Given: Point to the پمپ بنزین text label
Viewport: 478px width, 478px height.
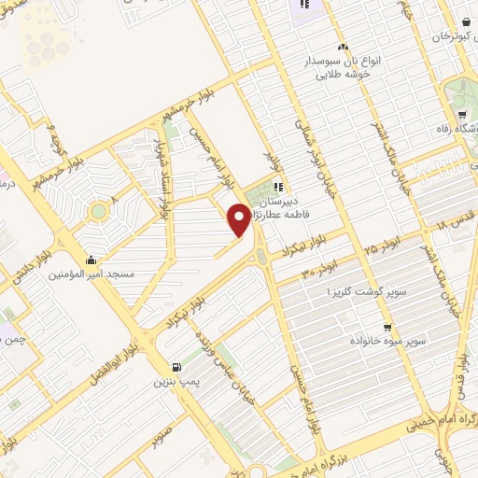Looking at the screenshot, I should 177,382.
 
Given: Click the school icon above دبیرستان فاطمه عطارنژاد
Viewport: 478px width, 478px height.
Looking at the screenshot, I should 278,187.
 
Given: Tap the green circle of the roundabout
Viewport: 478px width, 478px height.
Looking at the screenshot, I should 98,212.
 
